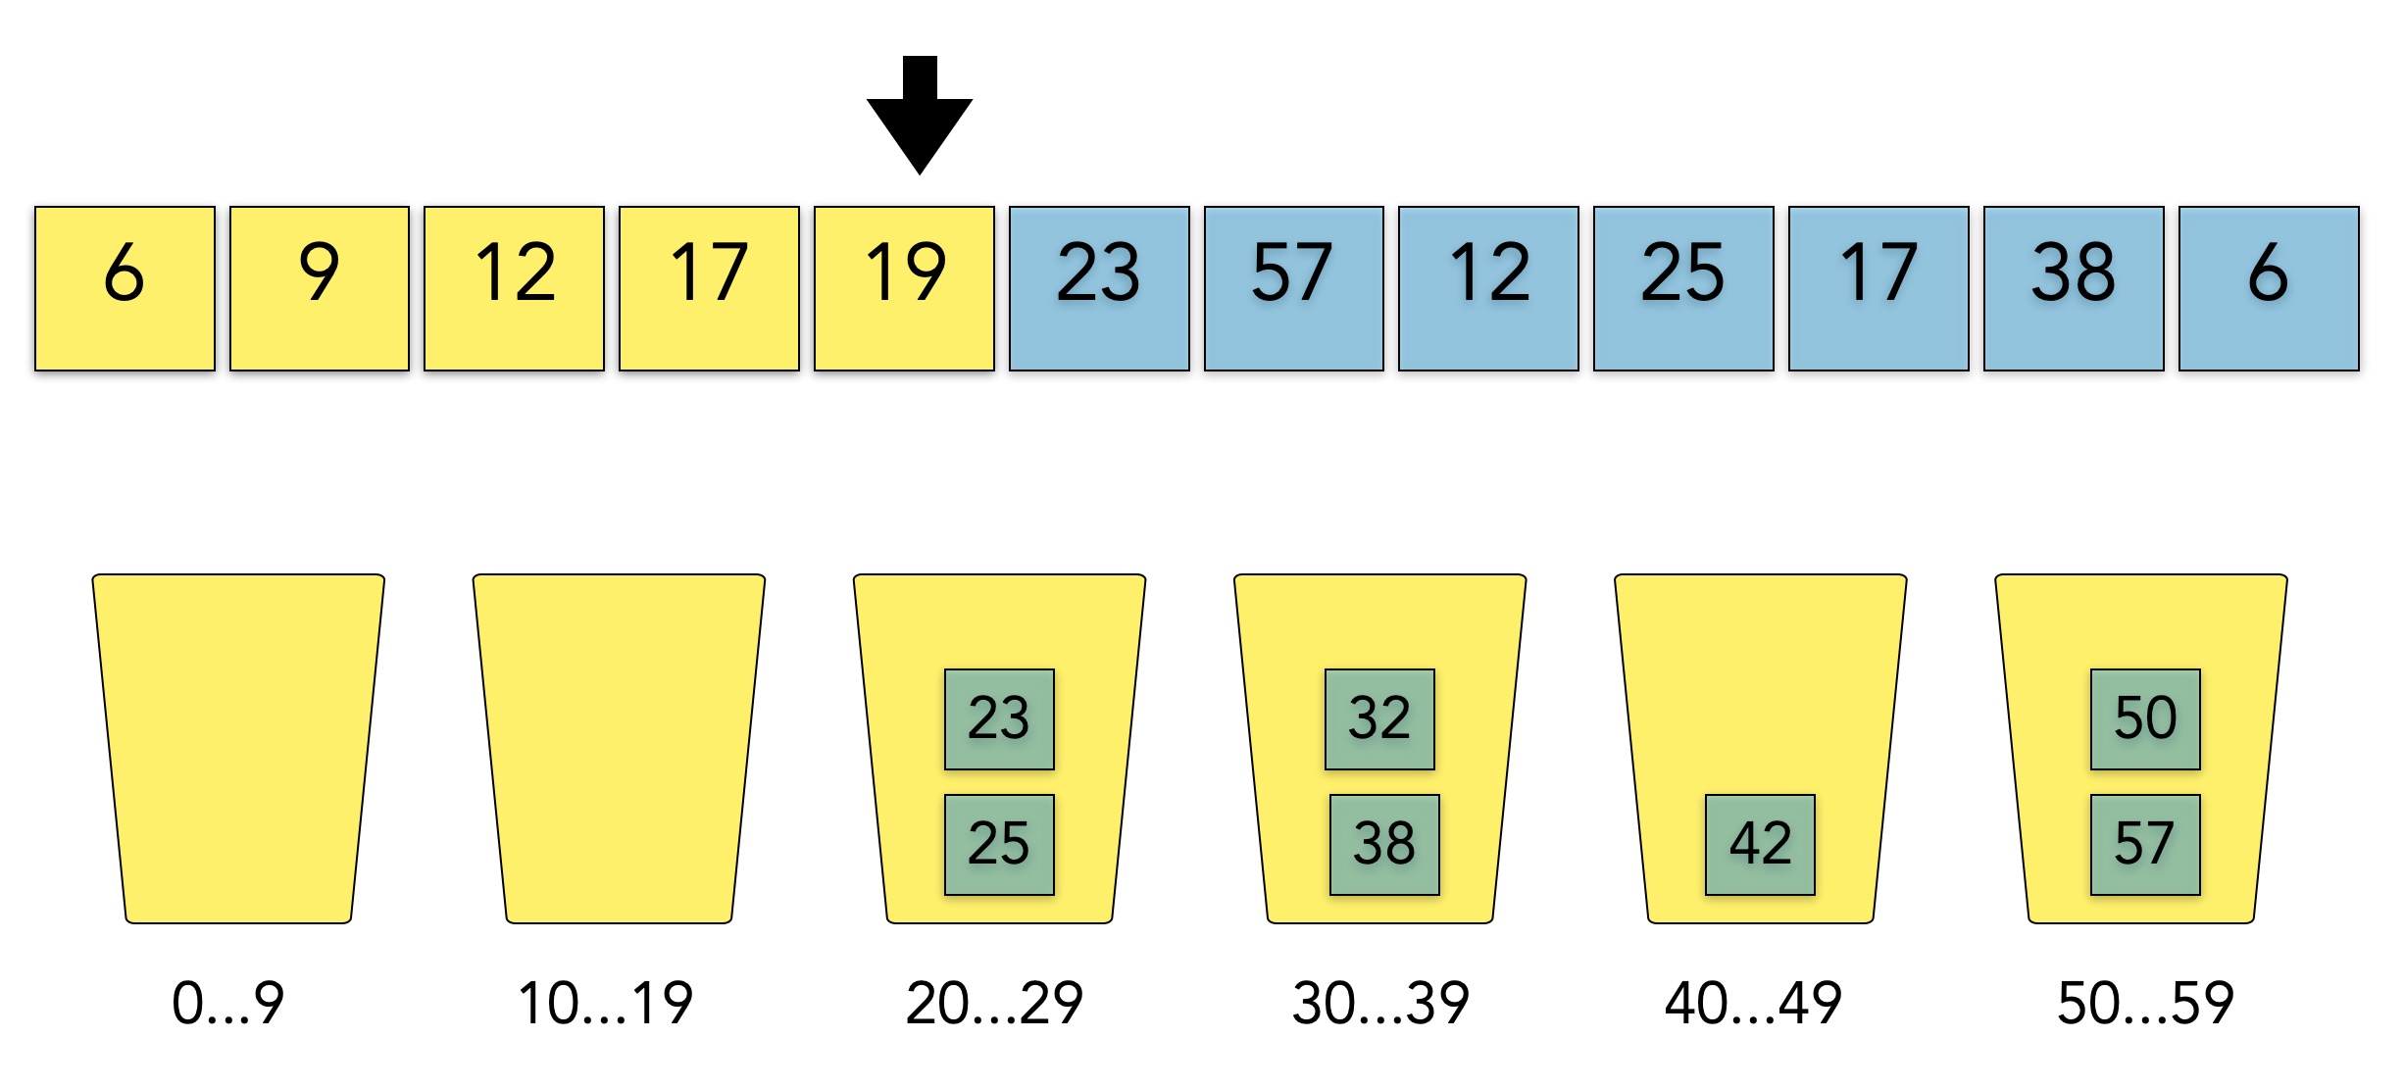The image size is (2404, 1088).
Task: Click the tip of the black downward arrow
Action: point(920,174)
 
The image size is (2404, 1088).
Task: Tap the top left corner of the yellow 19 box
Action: point(815,207)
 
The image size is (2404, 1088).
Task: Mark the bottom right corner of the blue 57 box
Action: point(1383,371)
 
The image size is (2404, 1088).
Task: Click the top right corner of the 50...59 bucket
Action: point(2287,575)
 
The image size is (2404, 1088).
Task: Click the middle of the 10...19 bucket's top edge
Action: point(619,574)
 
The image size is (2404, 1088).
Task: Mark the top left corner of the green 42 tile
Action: point(1706,795)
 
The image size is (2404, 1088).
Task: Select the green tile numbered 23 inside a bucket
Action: point(999,719)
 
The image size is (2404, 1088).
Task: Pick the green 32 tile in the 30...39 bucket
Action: point(1379,719)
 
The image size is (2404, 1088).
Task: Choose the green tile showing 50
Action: point(2145,719)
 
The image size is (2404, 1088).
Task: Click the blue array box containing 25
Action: point(1683,288)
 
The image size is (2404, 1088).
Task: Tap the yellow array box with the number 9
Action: point(320,288)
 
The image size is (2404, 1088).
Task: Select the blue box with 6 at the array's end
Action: point(2269,288)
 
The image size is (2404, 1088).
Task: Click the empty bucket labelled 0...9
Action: point(238,749)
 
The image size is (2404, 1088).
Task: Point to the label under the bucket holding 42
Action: point(1753,1004)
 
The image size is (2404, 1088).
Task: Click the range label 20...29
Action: point(994,1004)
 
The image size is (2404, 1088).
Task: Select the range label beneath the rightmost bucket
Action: point(2145,1004)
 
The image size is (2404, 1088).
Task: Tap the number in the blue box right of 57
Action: point(1489,272)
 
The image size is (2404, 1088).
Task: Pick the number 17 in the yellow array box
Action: point(708,272)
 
